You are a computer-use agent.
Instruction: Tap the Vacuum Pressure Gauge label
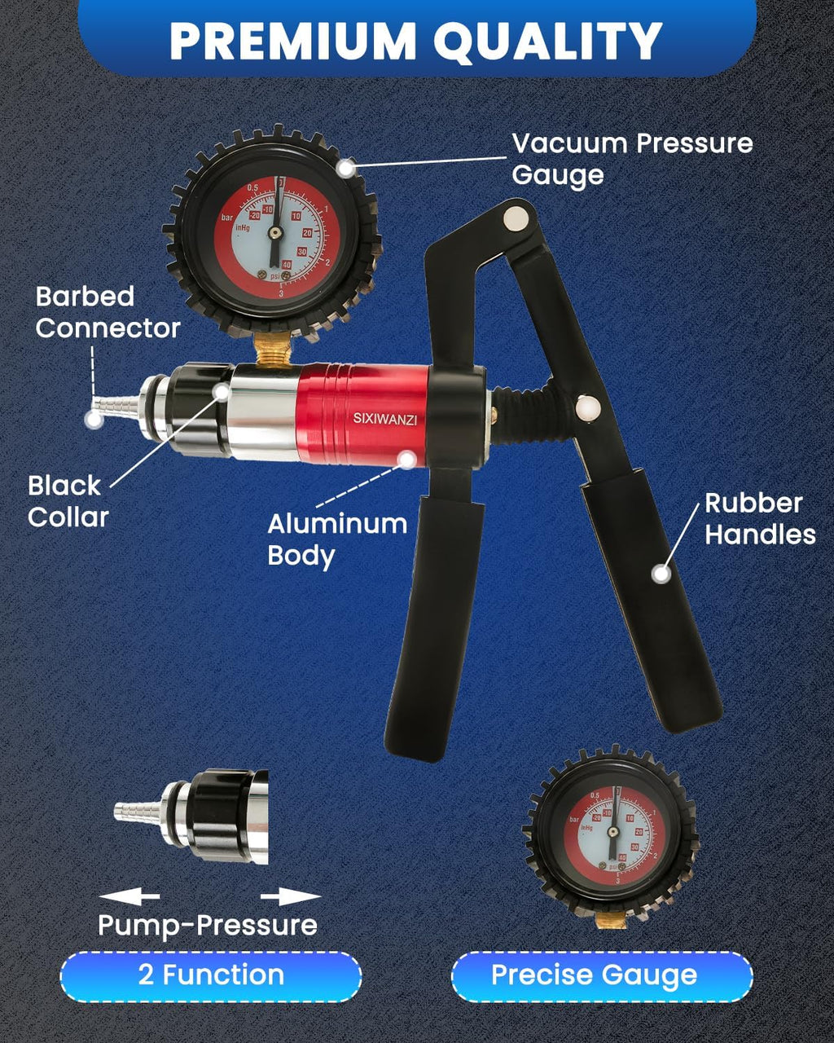632,159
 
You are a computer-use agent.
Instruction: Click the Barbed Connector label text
107,312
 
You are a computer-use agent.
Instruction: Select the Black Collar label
68,501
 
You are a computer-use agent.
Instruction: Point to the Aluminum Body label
337,539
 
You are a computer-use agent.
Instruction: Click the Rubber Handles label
759,518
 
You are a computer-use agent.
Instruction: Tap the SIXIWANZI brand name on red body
384,418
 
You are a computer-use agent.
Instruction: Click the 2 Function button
211,975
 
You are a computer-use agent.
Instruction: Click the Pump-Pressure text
207,926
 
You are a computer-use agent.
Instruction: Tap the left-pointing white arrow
129,896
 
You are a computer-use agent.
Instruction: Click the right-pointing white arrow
291,896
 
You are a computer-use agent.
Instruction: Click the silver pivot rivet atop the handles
516,218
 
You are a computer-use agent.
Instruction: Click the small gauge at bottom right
611,831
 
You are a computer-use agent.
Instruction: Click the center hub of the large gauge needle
275,233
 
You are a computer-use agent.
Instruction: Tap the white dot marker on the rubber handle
661,574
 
